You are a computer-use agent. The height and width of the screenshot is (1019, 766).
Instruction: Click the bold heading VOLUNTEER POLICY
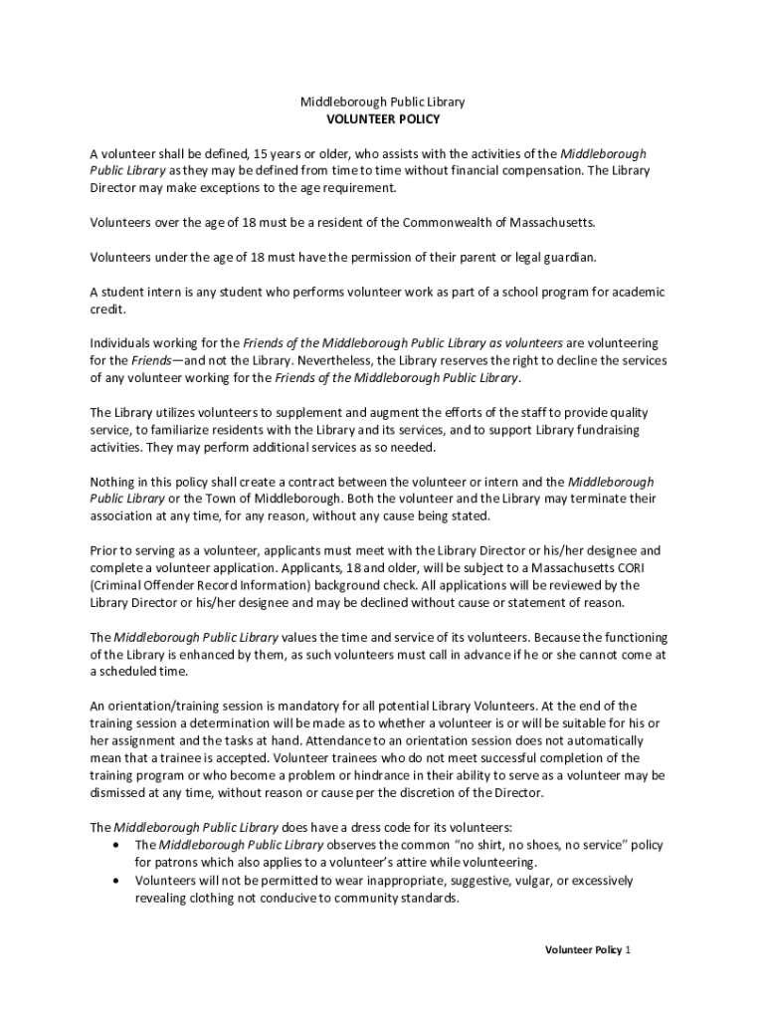click(x=383, y=119)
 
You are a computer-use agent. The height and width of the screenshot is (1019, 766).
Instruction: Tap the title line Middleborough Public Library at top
click(x=383, y=102)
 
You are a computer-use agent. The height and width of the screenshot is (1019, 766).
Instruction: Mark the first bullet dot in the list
click(x=119, y=845)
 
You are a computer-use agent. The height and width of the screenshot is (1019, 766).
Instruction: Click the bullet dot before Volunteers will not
click(x=119, y=881)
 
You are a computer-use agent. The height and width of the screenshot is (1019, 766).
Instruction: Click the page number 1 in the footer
click(x=628, y=950)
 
